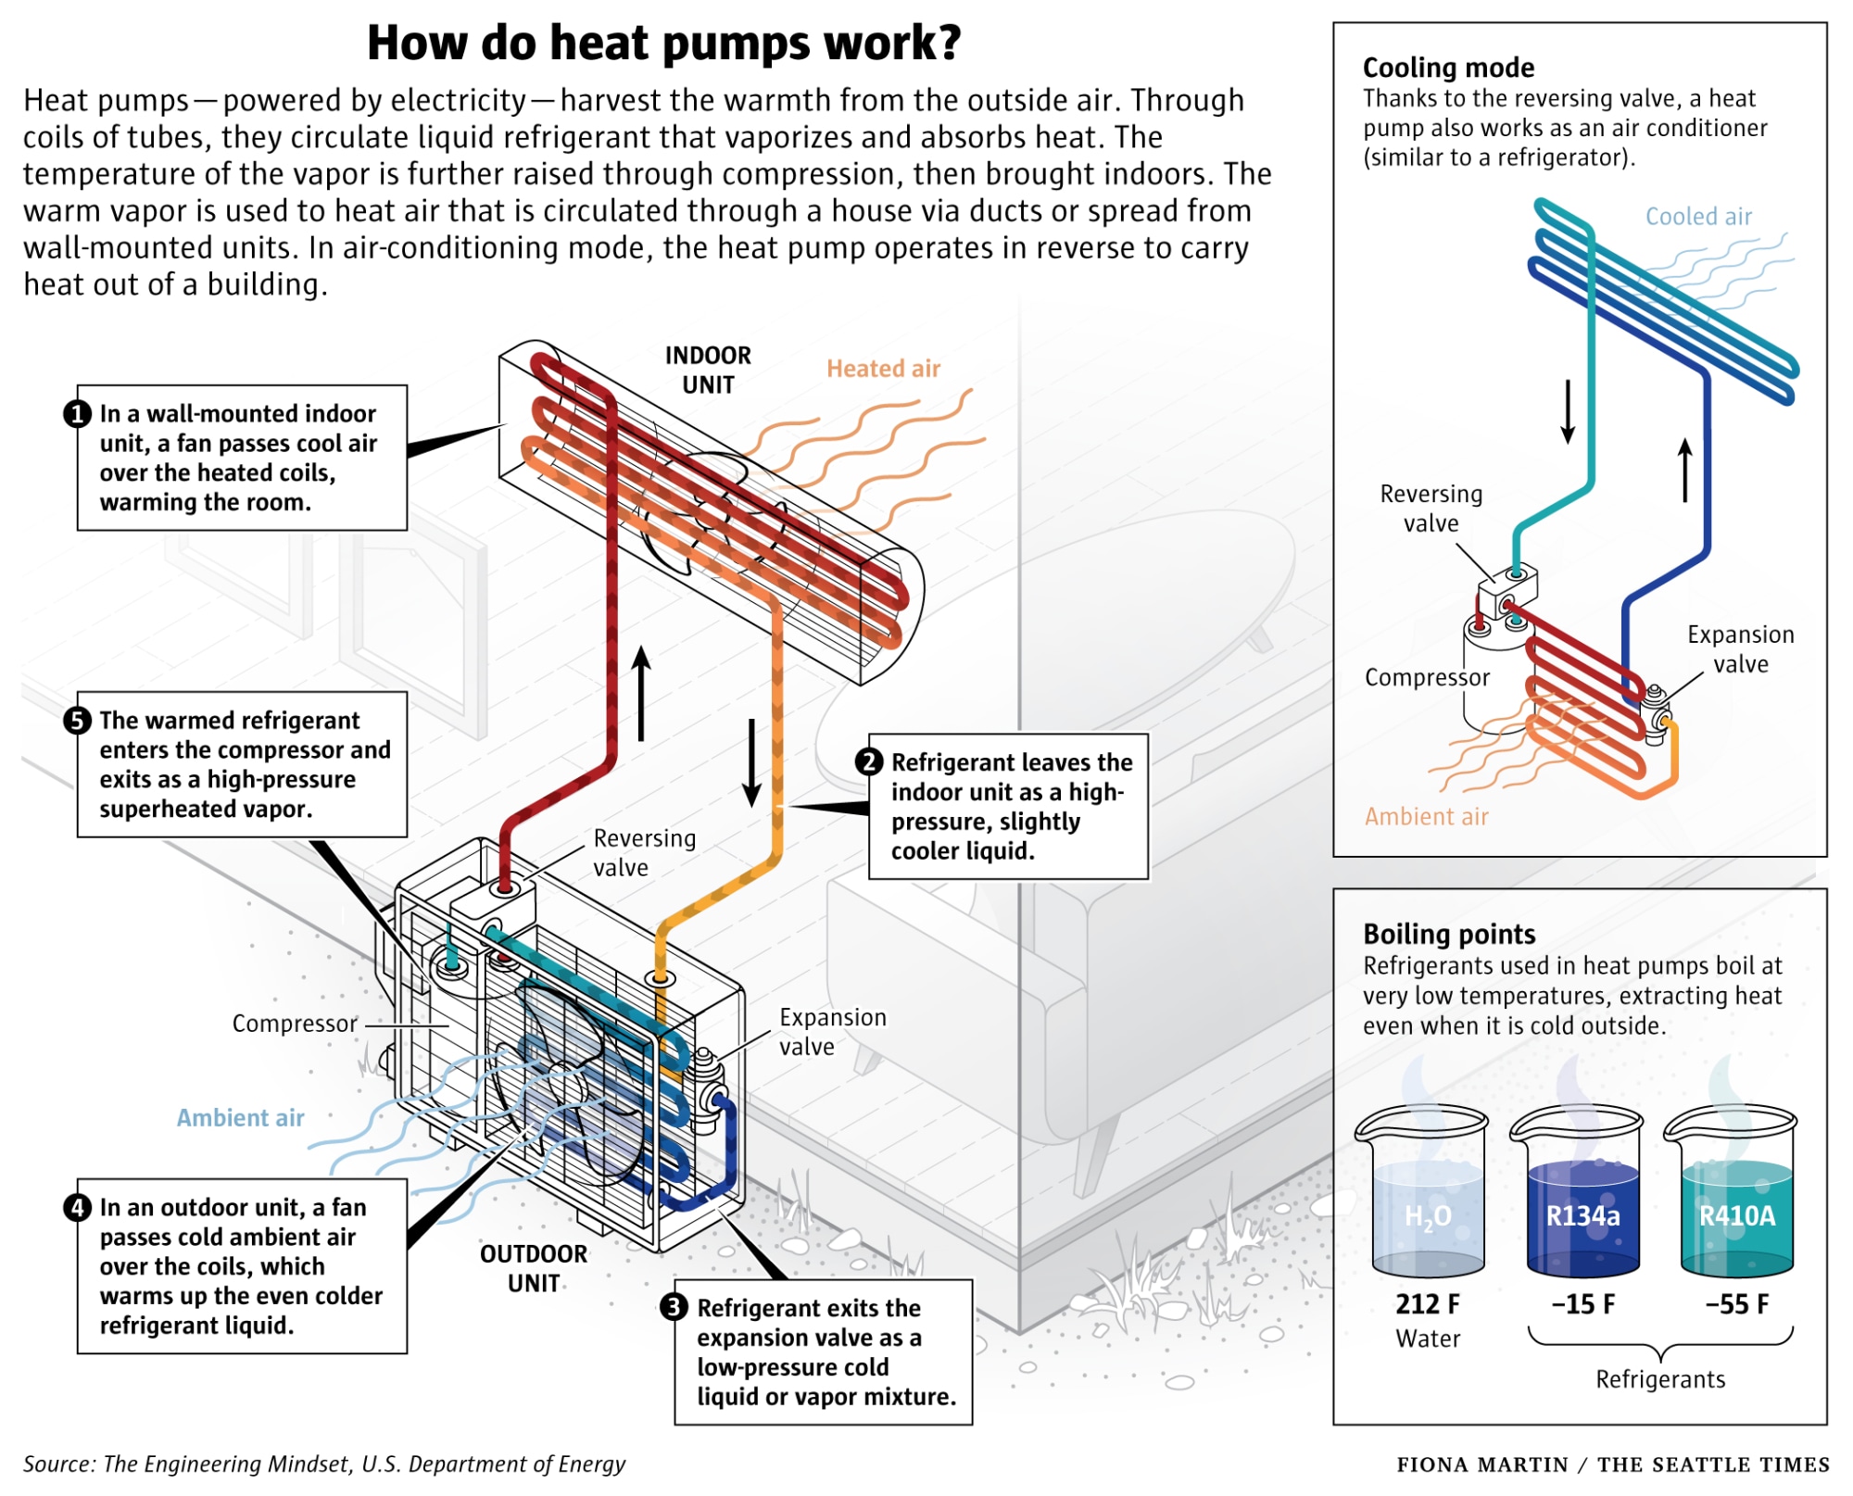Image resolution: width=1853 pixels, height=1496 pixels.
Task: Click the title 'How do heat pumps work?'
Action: (x=663, y=44)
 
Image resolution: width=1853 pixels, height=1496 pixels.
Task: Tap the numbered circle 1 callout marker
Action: (x=77, y=414)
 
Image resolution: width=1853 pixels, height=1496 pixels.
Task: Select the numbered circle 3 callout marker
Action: (x=674, y=1307)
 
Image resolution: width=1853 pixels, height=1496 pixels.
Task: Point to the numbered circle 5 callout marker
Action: (x=77, y=721)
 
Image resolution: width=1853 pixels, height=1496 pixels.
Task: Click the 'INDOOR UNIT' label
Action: (x=708, y=370)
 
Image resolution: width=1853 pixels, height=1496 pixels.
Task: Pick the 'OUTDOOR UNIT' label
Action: (x=534, y=1268)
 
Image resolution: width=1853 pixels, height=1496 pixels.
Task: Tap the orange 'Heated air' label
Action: (x=883, y=369)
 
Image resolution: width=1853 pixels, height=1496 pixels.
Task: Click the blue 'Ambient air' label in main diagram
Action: (x=240, y=1118)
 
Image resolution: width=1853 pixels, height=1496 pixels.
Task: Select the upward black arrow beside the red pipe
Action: (x=641, y=693)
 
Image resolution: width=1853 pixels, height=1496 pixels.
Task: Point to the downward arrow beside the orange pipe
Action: (x=752, y=761)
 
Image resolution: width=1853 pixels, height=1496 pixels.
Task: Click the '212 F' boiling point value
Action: (x=1427, y=1304)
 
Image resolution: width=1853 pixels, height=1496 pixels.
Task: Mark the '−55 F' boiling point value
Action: (x=1736, y=1304)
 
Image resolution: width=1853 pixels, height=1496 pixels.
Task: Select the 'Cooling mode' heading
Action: (x=1448, y=68)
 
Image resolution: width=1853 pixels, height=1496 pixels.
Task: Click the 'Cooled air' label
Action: (x=1698, y=217)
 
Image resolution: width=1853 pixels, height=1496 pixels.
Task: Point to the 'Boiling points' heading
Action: (x=1449, y=934)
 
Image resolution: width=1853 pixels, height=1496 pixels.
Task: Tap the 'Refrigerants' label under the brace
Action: (x=1660, y=1379)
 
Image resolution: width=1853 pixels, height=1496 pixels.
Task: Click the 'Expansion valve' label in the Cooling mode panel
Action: (x=1740, y=649)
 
